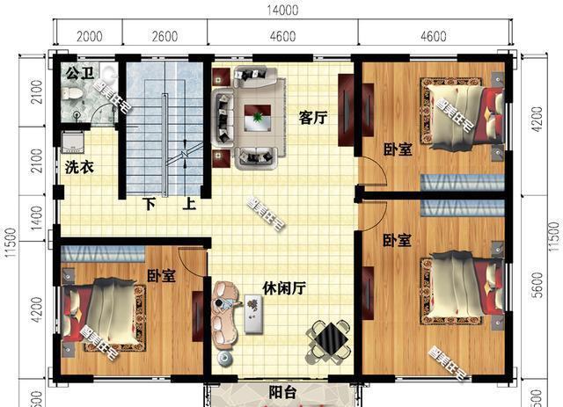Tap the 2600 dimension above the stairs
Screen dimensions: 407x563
[x=165, y=36]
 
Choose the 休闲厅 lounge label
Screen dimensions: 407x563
[x=283, y=288]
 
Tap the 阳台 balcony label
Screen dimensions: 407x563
[x=281, y=393]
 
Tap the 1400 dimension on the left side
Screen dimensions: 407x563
[x=35, y=214]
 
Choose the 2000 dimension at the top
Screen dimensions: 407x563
[x=90, y=36]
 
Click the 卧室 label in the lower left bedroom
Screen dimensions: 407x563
[x=161, y=276]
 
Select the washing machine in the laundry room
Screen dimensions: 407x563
[x=73, y=142]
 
